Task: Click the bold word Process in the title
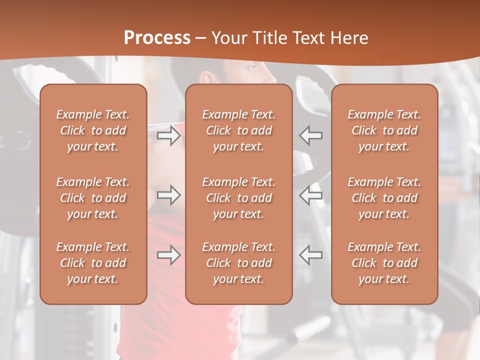(157, 38)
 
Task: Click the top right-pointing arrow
(169, 135)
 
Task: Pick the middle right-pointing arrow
(169, 195)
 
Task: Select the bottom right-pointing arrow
(169, 255)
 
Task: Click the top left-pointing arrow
(311, 135)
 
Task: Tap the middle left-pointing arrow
(311, 195)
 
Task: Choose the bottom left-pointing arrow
(311, 255)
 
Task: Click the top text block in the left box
(93, 130)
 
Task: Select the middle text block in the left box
(93, 198)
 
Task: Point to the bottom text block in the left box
(93, 263)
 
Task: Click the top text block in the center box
(239, 130)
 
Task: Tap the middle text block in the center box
(239, 198)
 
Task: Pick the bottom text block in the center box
(239, 263)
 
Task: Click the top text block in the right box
(384, 130)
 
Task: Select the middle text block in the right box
(384, 198)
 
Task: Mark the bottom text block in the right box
(384, 263)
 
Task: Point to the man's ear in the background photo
(206, 77)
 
